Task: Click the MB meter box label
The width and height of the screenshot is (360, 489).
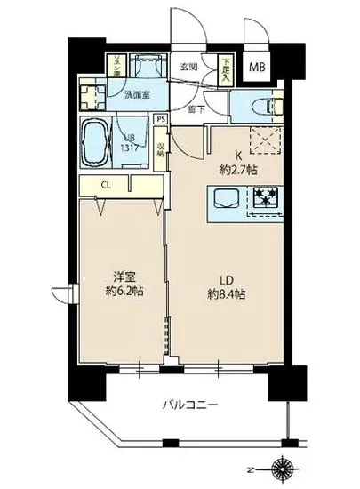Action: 256,67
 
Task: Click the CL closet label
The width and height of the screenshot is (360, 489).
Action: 105,185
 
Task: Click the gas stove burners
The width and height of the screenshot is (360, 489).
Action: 264,197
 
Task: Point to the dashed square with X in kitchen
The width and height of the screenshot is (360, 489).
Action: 262,137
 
